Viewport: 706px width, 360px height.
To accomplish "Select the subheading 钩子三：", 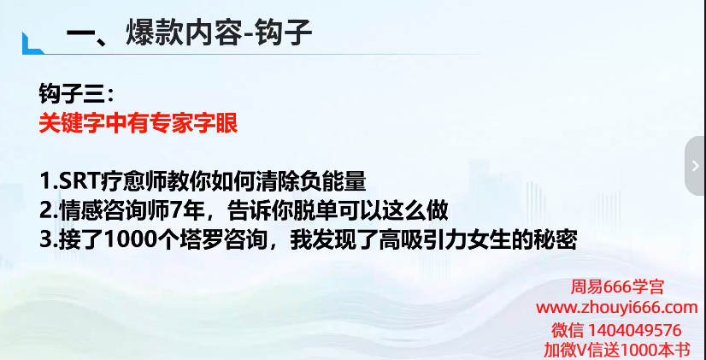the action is click(x=77, y=95).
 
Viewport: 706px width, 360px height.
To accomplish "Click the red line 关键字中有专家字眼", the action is click(x=138, y=123).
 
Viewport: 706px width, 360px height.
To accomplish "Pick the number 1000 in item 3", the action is click(x=129, y=240).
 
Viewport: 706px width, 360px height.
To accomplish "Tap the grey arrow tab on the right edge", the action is click(x=696, y=166).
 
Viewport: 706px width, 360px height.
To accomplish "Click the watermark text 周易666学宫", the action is click(x=617, y=287).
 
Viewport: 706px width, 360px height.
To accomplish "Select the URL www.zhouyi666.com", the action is click(x=617, y=308).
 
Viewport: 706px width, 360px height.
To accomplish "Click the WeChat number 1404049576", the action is click(x=636, y=330).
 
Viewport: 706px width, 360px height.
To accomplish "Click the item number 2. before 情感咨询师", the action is click(x=49, y=210).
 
